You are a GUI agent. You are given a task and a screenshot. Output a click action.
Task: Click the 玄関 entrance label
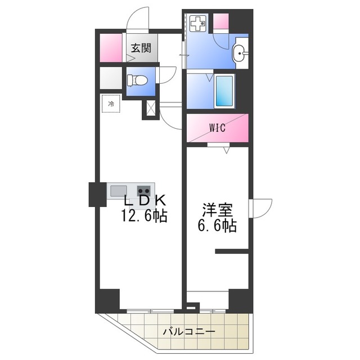(141, 48)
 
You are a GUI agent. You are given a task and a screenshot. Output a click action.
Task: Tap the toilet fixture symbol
(137, 80)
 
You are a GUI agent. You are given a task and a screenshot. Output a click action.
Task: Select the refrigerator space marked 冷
(111, 103)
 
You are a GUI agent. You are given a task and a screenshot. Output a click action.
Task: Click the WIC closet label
(218, 128)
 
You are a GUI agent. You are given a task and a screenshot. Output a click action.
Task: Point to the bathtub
(224, 91)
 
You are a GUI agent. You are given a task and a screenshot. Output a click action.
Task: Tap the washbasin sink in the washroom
(240, 53)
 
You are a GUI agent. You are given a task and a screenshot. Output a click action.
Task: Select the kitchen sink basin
(119, 191)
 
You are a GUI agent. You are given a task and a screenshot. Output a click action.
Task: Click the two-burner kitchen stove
(144, 191)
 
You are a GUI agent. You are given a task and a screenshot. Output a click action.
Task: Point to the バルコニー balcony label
(189, 331)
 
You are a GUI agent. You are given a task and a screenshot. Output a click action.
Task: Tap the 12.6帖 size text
(144, 216)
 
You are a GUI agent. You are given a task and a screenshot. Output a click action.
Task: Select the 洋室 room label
(218, 210)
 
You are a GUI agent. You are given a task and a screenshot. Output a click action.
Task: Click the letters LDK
(145, 200)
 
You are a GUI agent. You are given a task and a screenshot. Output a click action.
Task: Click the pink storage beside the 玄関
(111, 48)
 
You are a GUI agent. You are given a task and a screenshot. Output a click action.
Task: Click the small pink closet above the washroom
(221, 21)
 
